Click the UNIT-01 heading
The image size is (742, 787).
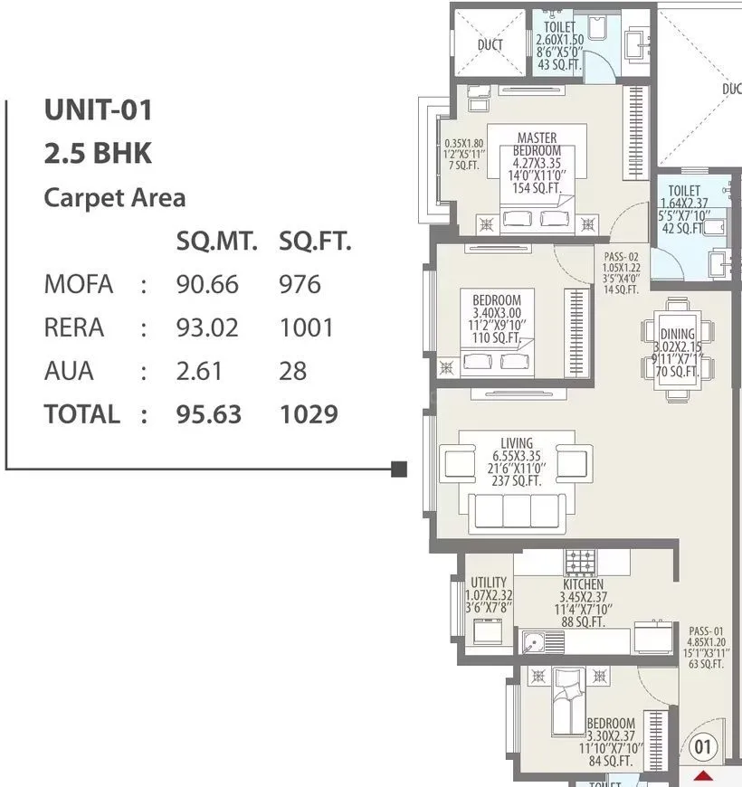coord(99,111)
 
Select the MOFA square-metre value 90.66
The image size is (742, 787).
coord(207,284)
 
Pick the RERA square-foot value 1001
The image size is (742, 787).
coord(307,327)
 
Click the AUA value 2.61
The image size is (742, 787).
coord(199,371)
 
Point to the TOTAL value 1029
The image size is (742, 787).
coord(309,414)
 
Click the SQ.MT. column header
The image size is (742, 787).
coord(217,242)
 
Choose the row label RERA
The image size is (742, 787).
coord(74,327)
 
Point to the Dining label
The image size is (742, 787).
coord(677,335)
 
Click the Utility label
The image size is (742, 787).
coord(489,583)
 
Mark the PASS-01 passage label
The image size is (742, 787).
coord(706,631)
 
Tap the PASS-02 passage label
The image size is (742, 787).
coord(621,257)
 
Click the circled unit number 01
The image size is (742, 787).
coord(703,747)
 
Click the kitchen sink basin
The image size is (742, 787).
coord(533,644)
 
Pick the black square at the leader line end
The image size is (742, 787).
coord(399,469)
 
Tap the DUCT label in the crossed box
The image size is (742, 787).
coord(490,44)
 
